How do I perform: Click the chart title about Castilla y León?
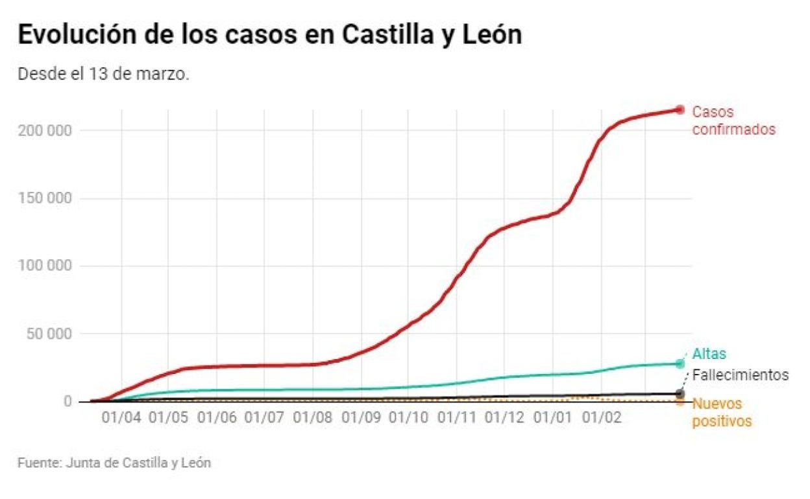coord(269,36)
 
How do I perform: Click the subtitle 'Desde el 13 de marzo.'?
coord(103,74)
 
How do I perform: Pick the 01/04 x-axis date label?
coord(121,417)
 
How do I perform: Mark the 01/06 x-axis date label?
coord(217,417)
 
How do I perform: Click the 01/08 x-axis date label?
coord(313,417)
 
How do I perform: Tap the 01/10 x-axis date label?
coord(409,417)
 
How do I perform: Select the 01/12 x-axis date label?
coord(504,417)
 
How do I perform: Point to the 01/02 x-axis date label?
coord(601,417)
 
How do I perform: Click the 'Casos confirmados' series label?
coord(733,121)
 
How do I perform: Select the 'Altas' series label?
coord(709,354)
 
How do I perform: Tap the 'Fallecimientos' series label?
coord(741,375)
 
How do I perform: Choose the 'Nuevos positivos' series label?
coord(722,412)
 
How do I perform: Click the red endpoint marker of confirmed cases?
coord(680,110)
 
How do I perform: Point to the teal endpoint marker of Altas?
coord(680,364)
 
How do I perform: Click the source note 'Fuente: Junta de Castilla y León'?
coord(114,463)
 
